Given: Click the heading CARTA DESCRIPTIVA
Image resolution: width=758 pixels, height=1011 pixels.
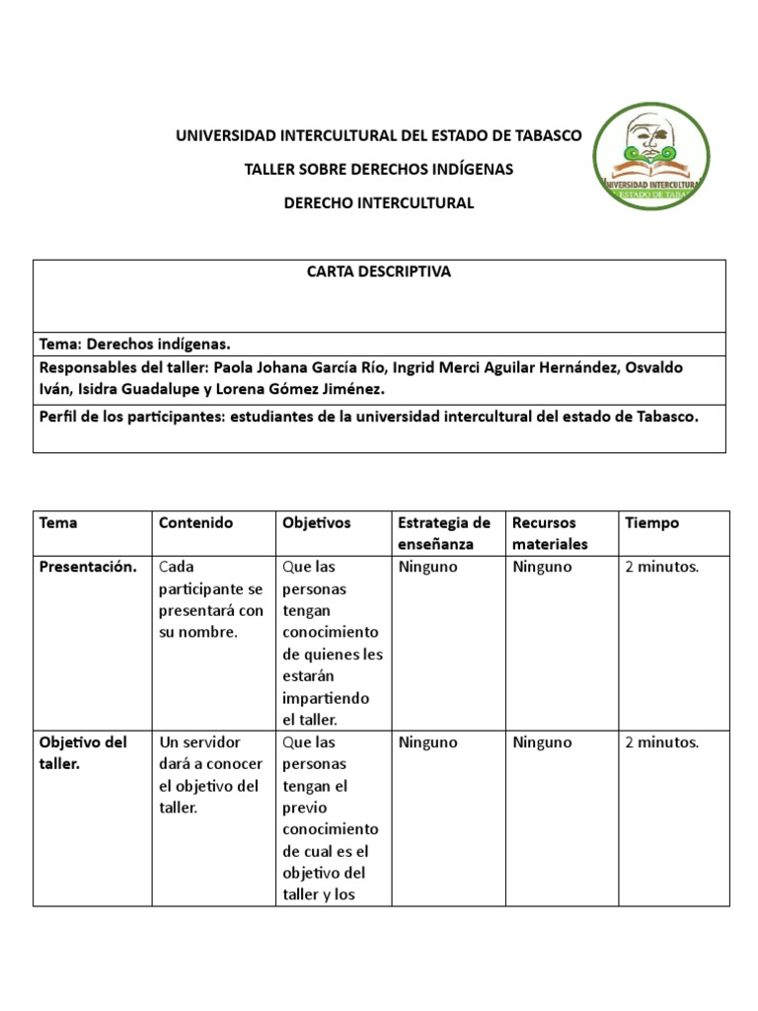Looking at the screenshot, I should coord(379,272).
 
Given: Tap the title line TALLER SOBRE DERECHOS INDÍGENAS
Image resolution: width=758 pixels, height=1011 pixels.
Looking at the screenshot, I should coord(379,169).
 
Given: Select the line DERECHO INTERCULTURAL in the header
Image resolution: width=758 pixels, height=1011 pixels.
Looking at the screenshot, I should coord(379,202).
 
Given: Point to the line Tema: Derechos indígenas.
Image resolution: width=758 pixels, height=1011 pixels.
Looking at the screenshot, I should coord(134,345).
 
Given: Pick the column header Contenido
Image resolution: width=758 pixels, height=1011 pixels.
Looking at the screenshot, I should coord(195,522).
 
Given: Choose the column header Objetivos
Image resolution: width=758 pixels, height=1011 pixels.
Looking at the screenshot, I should coord(316,522).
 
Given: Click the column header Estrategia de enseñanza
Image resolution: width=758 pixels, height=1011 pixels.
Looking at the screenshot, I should coord(443,533).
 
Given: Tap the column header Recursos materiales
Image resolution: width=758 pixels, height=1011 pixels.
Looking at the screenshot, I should coord(551,533).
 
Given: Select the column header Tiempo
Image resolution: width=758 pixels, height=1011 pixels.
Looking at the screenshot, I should coord(651,522).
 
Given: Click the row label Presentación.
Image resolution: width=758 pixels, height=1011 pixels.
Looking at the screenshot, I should coord(88,567).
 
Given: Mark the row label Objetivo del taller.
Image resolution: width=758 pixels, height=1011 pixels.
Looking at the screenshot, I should coord(83,753).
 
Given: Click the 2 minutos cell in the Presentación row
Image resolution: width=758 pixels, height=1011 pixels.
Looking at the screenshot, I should coord(661,567).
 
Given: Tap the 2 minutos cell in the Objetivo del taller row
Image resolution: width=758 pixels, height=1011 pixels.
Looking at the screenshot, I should coord(661,742).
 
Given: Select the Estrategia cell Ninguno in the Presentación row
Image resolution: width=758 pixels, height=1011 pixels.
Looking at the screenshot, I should coord(427,567).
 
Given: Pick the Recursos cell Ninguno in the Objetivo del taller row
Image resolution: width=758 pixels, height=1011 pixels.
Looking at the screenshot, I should coord(542,742).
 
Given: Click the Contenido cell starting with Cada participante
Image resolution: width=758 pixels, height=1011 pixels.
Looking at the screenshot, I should coord(210,599).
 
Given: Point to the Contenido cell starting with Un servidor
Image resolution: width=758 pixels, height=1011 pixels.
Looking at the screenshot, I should coord(210,775).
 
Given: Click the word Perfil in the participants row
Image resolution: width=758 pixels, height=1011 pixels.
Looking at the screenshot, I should coord(59,417).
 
